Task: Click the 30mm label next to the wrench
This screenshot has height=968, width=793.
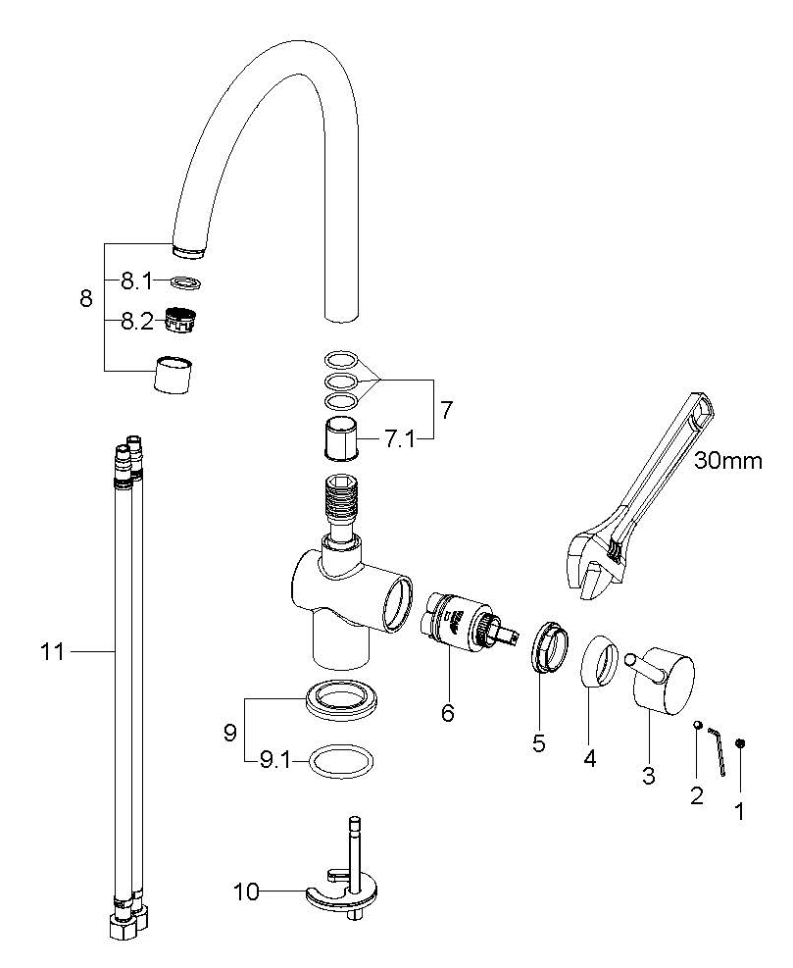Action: pyautogui.click(x=728, y=461)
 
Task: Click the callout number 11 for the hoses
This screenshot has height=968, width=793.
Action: pyautogui.click(x=52, y=651)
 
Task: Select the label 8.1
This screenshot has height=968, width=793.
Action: pyautogui.click(x=136, y=282)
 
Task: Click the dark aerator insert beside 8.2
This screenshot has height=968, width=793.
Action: pyautogui.click(x=184, y=320)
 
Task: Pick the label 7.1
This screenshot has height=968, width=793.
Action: pyautogui.click(x=400, y=439)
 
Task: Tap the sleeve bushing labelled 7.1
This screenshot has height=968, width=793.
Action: pyautogui.click(x=341, y=437)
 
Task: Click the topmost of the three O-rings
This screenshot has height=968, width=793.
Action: pyautogui.click(x=341, y=360)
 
